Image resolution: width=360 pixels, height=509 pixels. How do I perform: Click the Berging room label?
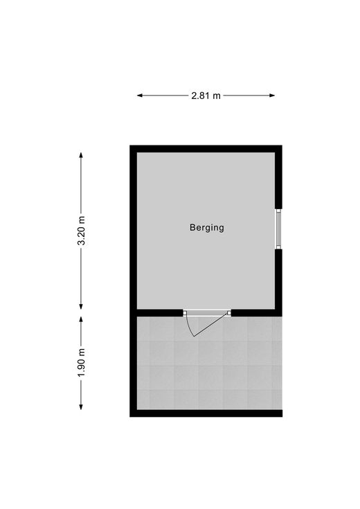207,228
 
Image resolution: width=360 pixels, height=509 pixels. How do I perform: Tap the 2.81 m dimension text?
206,96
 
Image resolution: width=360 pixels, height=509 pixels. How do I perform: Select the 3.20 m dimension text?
82,231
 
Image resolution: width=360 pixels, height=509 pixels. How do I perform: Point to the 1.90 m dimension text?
82,363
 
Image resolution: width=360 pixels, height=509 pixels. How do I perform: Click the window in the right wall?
278,229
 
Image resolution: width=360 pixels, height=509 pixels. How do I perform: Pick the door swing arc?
189,326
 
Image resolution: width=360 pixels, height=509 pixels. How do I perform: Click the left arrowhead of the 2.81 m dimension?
140,96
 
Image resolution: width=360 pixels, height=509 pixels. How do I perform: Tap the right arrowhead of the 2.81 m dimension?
272,96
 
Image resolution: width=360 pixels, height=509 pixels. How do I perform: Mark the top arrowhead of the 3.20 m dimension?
81,156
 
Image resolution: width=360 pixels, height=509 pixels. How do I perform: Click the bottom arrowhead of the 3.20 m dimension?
81,306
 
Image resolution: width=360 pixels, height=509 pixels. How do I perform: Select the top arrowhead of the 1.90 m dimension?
81,320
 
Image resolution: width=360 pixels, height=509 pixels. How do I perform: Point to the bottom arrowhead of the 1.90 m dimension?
81,407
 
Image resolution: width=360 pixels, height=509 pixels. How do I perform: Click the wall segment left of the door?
160,313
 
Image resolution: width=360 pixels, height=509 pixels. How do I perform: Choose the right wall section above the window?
278,177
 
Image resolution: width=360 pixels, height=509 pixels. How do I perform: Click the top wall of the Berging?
206,149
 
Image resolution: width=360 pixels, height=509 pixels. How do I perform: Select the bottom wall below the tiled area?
206,413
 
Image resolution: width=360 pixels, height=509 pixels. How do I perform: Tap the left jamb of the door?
185,313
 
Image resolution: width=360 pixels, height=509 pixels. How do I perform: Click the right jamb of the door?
229,313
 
